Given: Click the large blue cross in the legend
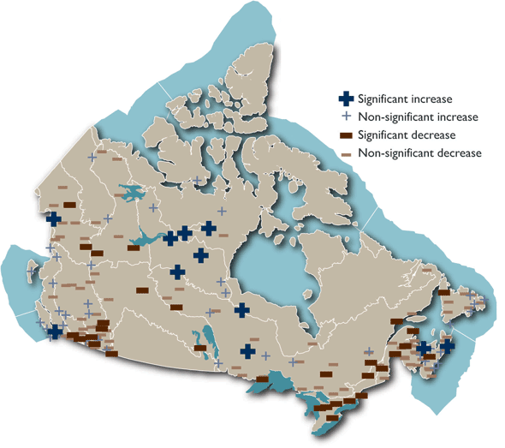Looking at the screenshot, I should coord(346,99).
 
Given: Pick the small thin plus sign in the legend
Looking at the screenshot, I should coord(346,116).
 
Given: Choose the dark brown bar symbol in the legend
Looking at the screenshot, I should coord(346,135).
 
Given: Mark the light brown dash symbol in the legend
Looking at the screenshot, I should coord(346,153).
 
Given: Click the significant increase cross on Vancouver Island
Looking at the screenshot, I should coord(56,332).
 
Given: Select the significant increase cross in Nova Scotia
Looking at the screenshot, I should coord(446,347).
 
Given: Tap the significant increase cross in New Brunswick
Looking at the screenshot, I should coord(423,349).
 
